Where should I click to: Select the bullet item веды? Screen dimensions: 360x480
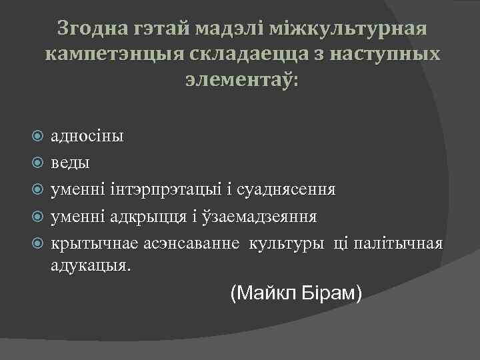point(70,163)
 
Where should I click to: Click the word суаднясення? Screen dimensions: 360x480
point(291,189)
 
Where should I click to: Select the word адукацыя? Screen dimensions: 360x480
point(91,265)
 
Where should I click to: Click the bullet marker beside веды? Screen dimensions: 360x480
point(38,163)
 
